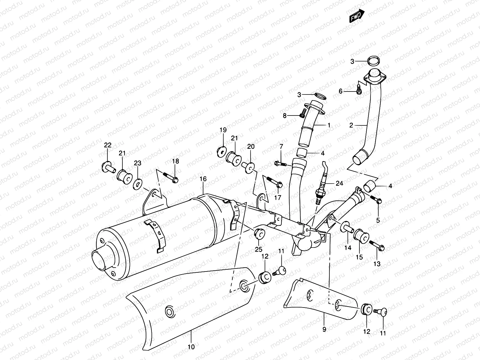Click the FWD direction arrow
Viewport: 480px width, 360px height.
click(x=357, y=16)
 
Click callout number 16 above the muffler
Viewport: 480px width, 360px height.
click(x=203, y=179)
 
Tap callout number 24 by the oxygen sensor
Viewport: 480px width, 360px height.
click(x=339, y=183)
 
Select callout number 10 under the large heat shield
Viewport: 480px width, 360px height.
click(x=191, y=347)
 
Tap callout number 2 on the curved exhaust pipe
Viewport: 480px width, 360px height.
click(x=351, y=125)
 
